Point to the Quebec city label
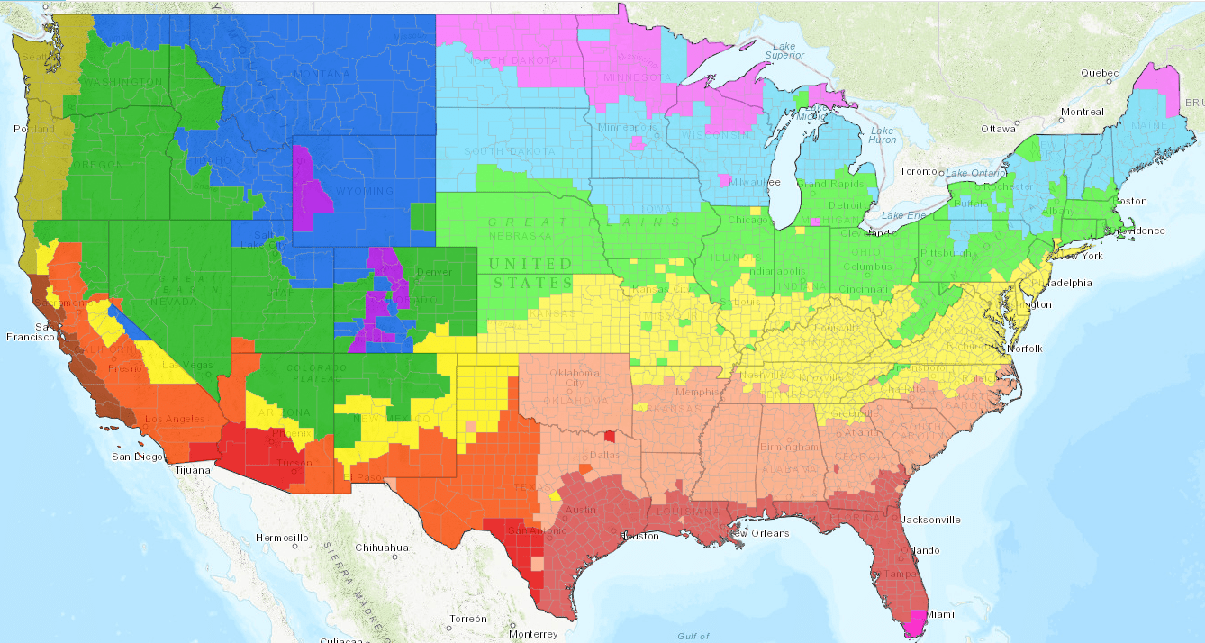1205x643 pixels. (x=1099, y=73)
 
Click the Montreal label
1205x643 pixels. (x=1082, y=112)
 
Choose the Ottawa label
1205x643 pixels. (x=998, y=128)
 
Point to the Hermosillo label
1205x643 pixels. (x=282, y=538)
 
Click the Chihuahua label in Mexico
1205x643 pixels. (x=382, y=547)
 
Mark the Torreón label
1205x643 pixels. (x=468, y=619)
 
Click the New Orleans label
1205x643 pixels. (x=758, y=533)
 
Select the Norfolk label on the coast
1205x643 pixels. (x=1025, y=349)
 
